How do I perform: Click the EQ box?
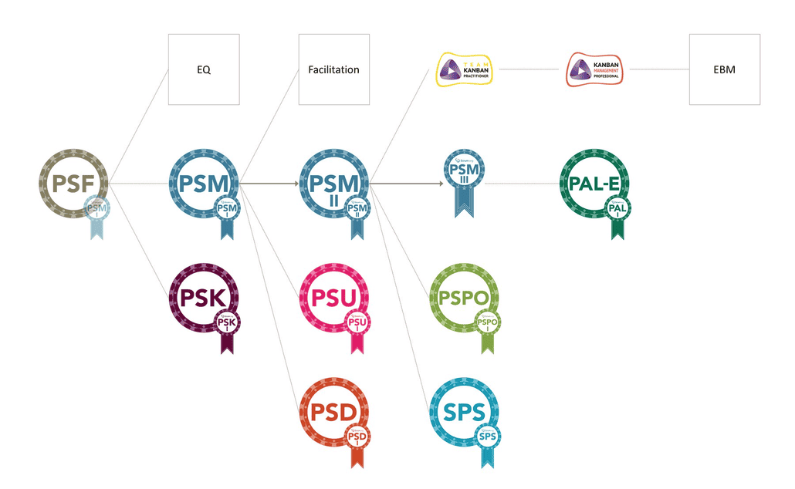pos(204,69)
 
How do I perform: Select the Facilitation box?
pos(333,69)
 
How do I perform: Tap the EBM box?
pos(724,69)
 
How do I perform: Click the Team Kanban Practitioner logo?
pos(467,69)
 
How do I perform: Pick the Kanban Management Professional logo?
pos(597,69)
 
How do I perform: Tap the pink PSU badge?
pos(333,298)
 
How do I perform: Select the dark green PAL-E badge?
pos(593,184)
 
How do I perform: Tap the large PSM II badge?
pos(333,184)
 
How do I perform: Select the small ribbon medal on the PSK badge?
pos(227,324)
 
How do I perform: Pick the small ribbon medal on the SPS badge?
pos(487,439)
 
